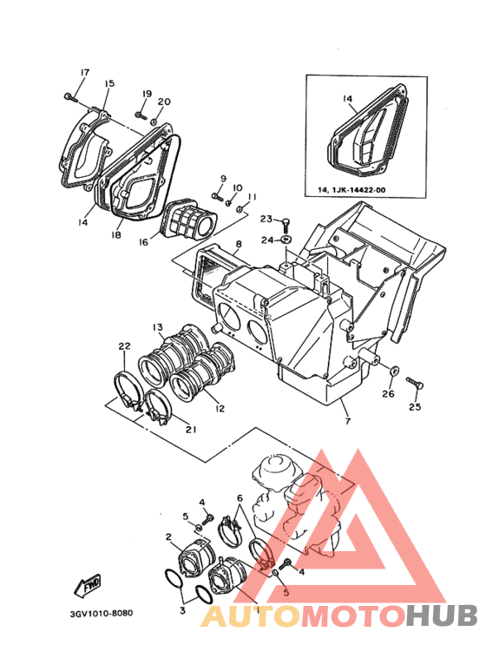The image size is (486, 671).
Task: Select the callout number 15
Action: coord(109,83)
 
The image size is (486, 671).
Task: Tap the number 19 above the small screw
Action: coord(147,94)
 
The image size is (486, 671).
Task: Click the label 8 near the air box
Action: coord(237,246)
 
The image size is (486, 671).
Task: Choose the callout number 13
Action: coord(158,327)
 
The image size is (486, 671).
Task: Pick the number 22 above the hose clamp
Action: coord(123,347)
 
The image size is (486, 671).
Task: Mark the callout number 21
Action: coord(191,428)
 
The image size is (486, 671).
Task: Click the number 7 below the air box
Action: coord(347,422)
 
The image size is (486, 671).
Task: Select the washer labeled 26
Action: coord(393,372)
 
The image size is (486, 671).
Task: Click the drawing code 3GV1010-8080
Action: coord(101,613)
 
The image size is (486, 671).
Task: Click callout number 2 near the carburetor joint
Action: coord(168,537)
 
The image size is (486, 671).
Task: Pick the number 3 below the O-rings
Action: coord(182,611)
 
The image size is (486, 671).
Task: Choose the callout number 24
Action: coord(268,240)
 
